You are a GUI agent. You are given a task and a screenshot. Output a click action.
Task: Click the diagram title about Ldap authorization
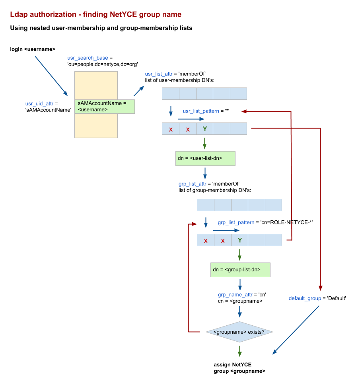click(x=95, y=15)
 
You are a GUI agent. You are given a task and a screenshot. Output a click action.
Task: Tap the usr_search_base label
click(x=88, y=58)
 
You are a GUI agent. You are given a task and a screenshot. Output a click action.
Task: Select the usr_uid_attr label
click(x=39, y=104)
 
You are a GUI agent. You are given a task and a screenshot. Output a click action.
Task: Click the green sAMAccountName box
click(x=104, y=107)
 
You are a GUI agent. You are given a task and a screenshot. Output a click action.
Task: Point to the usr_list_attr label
click(x=159, y=74)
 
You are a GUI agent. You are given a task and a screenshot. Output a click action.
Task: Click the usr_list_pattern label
click(x=200, y=111)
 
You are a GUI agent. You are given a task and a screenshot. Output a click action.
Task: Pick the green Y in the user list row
click(x=205, y=129)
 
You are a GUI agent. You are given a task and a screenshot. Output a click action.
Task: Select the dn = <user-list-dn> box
click(x=205, y=158)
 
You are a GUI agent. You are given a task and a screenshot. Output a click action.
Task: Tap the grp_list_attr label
click(x=193, y=184)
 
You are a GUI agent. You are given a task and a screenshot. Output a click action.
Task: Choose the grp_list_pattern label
click(x=236, y=223)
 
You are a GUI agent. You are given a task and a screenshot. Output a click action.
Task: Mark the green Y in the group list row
click(x=240, y=240)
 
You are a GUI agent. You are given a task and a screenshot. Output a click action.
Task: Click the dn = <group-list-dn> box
click(x=240, y=270)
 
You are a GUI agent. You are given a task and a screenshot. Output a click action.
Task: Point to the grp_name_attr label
click(x=235, y=295)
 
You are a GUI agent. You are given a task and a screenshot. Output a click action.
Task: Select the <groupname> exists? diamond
click(x=239, y=332)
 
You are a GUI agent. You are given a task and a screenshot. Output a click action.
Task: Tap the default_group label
click(x=305, y=299)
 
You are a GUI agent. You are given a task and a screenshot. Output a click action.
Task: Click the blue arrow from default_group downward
click(x=296, y=330)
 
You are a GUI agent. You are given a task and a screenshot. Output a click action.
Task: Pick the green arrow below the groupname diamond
click(x=239, y=351)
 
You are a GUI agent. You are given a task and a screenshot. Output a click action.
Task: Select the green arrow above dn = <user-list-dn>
click(x=205, y=143)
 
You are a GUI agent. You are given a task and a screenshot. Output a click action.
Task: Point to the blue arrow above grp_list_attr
click(x=205, y=173)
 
